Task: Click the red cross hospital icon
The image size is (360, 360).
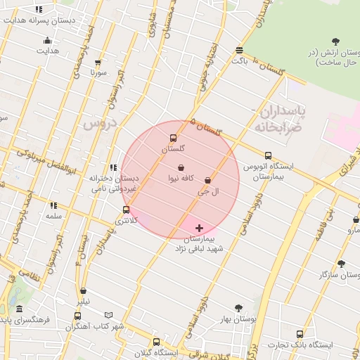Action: [200, 228]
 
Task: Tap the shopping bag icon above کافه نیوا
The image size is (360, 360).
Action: [181, 167]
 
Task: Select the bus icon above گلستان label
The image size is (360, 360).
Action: [174, 138]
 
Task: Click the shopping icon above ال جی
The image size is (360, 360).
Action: [207, 180]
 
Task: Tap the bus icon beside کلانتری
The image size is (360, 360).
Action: [126, 210]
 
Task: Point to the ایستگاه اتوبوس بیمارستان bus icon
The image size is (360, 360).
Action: [268, 155]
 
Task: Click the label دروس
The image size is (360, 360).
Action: [98, 124]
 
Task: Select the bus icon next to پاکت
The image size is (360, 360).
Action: [240, 51]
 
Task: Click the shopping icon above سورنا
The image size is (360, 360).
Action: [98, 62]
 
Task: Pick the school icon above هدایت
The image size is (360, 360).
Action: [48, 41]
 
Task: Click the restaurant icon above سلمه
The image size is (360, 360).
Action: [53, 205]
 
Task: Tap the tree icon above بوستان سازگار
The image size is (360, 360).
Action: [342, 264]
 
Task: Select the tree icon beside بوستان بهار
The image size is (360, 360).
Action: [238, 308]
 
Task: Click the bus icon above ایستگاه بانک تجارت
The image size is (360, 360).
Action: [302, 334]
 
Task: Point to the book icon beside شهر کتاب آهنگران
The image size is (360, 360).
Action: [108, 315]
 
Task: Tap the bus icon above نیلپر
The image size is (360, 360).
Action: [84, 290]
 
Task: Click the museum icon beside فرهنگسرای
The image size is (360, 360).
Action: [19, 309]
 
